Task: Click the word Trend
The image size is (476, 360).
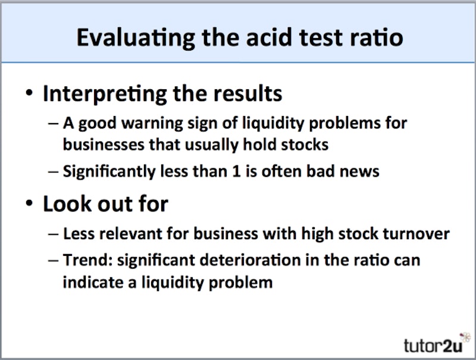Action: tap(83, 261)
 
